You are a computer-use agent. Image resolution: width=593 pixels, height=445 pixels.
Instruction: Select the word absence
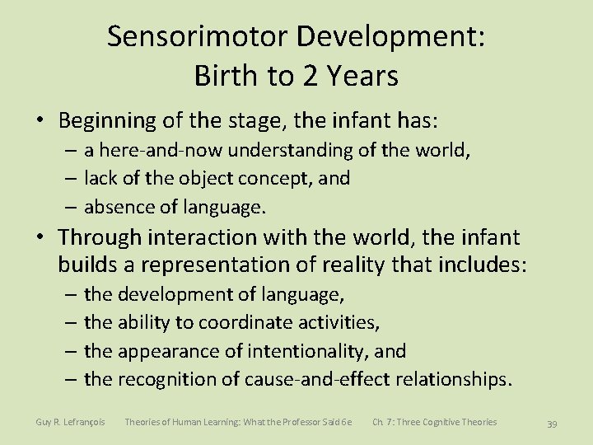tap(117, 206)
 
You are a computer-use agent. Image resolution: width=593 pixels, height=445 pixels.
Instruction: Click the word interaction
tap(202, 237)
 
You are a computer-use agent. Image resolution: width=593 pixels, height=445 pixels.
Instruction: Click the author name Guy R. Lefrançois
tap(70, 422)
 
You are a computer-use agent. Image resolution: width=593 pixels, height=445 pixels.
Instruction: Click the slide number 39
tap(553, 424)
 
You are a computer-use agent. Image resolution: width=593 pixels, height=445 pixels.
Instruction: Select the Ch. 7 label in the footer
tap(381, 422)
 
